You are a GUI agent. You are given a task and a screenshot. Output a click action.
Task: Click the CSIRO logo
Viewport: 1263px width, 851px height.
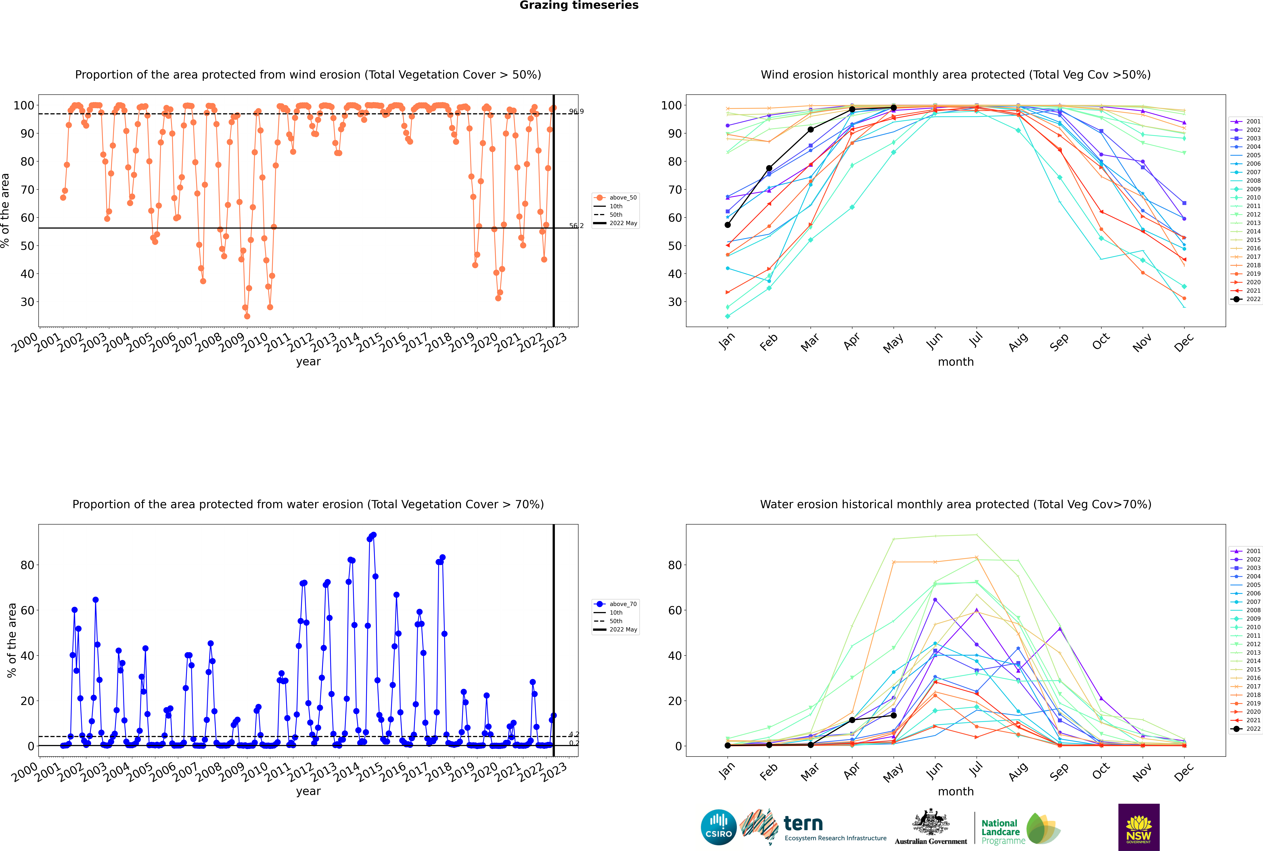click(718, 827)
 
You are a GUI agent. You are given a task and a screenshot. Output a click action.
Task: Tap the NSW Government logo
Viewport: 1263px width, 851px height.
click(1139, 827)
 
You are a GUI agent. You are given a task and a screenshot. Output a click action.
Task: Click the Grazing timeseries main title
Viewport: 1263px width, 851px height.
click(579, 5)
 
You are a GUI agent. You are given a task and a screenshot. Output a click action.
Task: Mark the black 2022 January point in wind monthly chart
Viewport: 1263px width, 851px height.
click(728, 225)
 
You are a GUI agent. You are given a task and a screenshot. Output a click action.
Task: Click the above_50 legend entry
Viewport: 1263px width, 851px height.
click(615, 198)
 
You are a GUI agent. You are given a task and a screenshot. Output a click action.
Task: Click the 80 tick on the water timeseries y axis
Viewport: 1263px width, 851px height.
click(27, 565)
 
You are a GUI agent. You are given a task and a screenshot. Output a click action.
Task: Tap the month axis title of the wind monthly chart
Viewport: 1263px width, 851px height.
click(956, 362)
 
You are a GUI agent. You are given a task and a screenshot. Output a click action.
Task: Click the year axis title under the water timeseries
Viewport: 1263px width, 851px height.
click(308, 791)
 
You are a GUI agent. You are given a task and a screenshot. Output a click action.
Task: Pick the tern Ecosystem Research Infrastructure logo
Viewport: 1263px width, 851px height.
click(813, 827)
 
